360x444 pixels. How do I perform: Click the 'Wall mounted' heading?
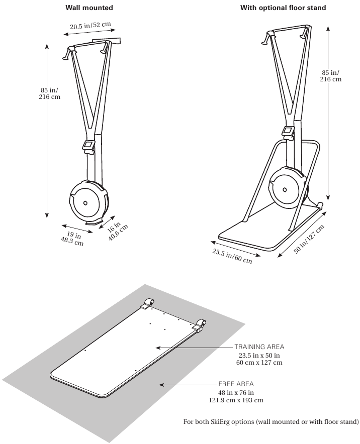(x=89, y=8)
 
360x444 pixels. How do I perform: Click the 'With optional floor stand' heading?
(x=283, y=8)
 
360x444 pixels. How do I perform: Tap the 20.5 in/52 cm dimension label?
(x=91, y=26)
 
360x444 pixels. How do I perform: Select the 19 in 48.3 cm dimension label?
(x=72, y=239)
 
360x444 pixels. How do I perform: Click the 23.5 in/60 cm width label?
(x=232, y=256)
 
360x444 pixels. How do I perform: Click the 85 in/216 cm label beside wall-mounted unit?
(x=50, y=93)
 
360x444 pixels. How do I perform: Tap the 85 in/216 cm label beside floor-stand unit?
(x=331, y=76)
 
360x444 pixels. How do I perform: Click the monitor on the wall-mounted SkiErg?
(x=88, y=145)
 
